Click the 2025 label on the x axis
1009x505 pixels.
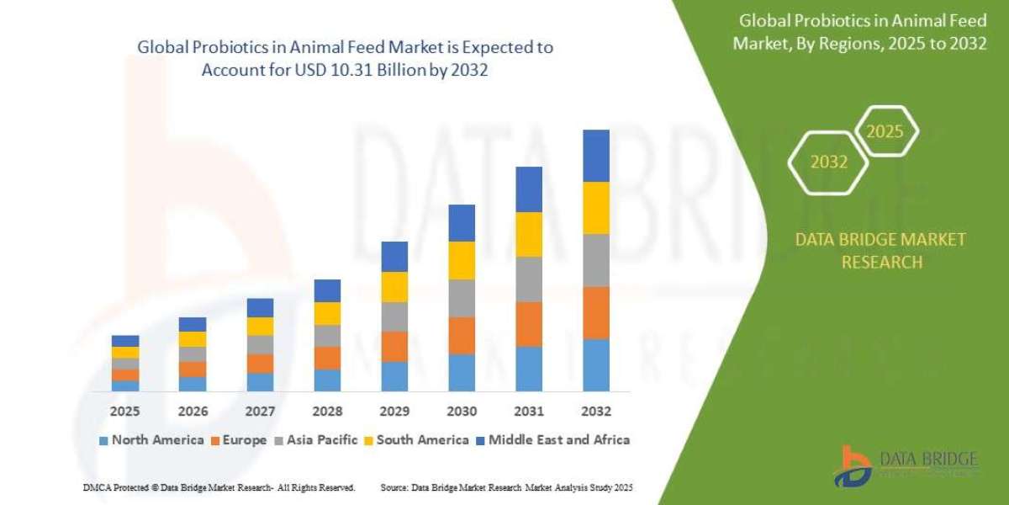coord(125,412)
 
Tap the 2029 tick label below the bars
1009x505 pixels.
coord(394,412)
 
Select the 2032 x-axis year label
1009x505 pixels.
coord(595,412)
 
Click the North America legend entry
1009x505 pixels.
coord(151,439)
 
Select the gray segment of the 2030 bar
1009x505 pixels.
coord(462,298)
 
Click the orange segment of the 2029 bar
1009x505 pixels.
coord(394,346)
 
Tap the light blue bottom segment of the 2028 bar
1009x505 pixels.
coord(327,380)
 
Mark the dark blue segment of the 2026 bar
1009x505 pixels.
coord(193,324)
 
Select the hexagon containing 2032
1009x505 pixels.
coord(828,162)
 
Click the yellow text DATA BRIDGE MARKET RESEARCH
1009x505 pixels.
coord(880,251)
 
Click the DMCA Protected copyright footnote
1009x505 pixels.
coord(219,487)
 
